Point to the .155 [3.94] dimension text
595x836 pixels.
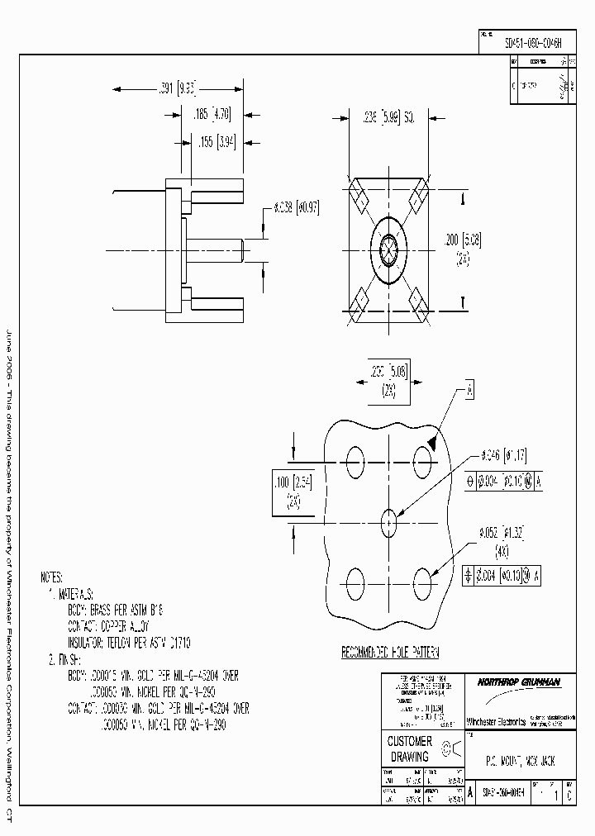click(x=217, y=142)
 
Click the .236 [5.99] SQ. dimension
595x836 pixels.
click(x=388, y=118)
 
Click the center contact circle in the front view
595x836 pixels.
click(x=388, y=248)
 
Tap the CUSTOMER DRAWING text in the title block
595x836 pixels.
click(x=409, y=749)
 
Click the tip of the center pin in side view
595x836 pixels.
click(x=241, y=248)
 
